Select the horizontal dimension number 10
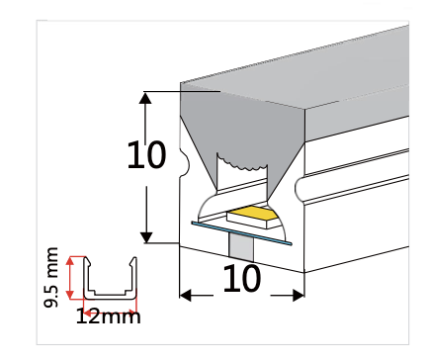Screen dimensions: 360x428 click(242, 280)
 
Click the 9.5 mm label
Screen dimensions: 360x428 click(52, 280)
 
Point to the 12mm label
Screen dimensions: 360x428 click(109, 317)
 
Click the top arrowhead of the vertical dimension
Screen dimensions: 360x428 click(146, 98)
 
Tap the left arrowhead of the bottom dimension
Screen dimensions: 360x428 click(186, 293)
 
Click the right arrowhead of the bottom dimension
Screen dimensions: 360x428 click(298, 293)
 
